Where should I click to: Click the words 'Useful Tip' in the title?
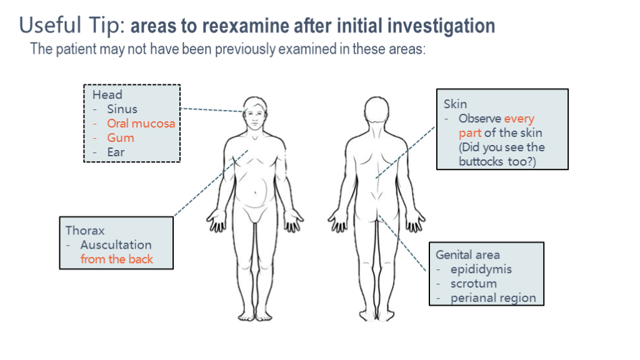tap(71, 26)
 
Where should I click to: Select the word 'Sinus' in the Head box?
tap(122, 109)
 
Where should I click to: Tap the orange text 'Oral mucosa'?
tap(141, 124)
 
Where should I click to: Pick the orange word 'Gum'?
tap(120, 138)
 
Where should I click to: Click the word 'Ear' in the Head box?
tap(116, 152)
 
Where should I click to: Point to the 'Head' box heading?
tap(107, 95)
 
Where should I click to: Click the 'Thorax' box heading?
tap(86, 230)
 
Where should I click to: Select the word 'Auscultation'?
tap(116, 244)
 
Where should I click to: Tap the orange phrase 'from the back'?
tap(116, 259)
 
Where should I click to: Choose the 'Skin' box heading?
tap(455, 104)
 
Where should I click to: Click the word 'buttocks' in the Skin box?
tap(482, 162)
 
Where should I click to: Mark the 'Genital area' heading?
tap(467, 255)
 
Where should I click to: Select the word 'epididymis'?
tap(481, 269)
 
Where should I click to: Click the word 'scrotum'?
tap(474, 284)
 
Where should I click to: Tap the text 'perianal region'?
tap(493, 298)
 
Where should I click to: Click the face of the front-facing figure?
tap(254, 116)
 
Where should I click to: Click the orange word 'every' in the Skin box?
tap(519, 119)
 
